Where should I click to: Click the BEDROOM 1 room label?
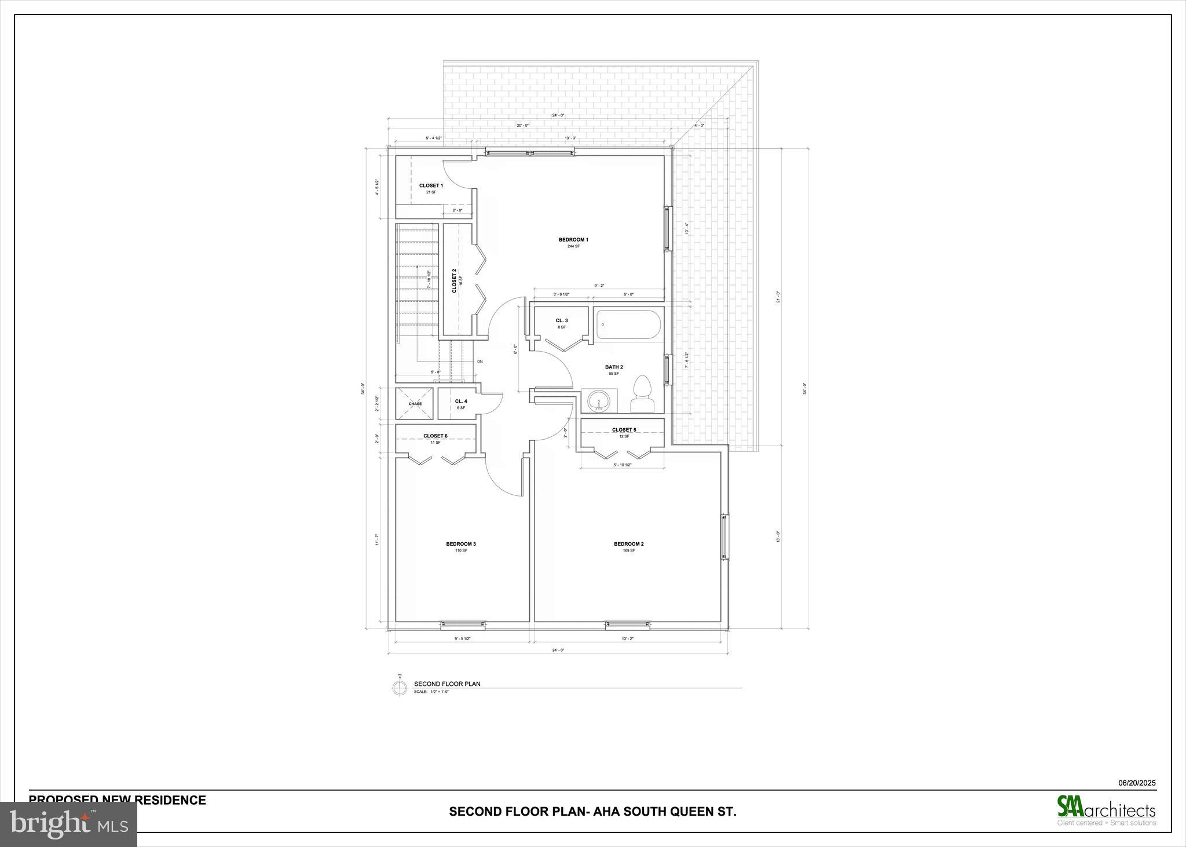click(573, 240)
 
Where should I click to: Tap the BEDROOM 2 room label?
click(629, 544)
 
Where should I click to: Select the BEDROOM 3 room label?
click(461, 544)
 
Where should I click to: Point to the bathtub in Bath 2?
click(628, 325)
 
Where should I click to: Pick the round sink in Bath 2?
click(598, 400)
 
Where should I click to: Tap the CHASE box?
click(415, 403)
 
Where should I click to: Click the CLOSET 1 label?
click(431, 186)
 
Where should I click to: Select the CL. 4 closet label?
click(461, 401)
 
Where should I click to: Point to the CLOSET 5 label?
click(624, 430)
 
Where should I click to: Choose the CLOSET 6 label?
click(435, 436)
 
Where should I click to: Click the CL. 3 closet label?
click(562, 320)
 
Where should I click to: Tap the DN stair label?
click(479, 362)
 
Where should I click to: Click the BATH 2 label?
click(614, 367)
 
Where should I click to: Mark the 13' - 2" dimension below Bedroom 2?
click(628, 638)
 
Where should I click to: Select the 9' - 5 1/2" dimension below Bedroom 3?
click(462, 638)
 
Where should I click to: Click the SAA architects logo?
click(1106, 809)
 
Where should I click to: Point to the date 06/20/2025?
click(1136, 783)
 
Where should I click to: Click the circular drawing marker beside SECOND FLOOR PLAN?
click(400, 688)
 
